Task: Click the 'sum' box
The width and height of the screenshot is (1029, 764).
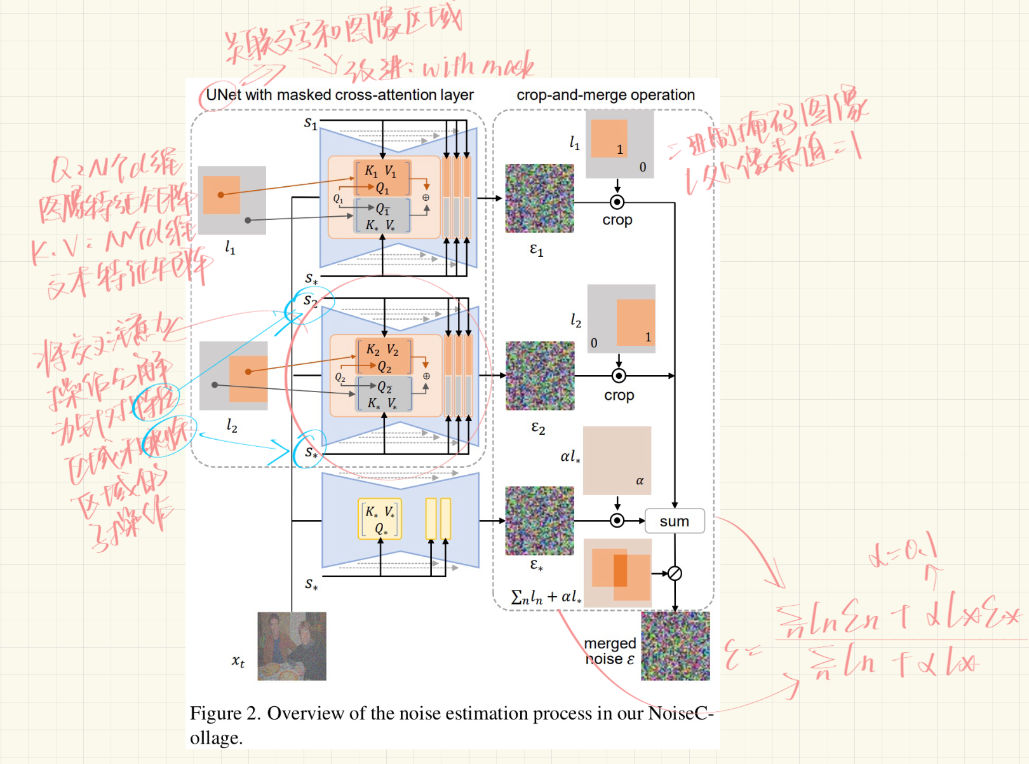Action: [x=674, y=521]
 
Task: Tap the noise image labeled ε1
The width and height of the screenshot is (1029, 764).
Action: [x=539, y=198]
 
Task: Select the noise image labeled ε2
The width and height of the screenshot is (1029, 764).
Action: [x=540, y=376]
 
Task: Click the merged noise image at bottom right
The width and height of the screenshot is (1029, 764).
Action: [x=675, y=646]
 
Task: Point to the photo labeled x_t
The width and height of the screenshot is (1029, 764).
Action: [x=292, y=646]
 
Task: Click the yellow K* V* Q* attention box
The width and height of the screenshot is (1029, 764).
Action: [x=380, y=519]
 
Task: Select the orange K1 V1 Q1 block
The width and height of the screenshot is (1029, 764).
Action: [x=382, y=179]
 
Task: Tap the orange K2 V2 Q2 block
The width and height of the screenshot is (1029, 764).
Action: [x=384, y=357]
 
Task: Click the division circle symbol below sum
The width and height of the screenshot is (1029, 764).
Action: [x=675, y=573]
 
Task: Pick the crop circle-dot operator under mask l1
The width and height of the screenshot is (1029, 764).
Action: [x=617, y=202]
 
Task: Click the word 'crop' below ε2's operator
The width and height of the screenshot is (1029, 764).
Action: [x=619, y=395]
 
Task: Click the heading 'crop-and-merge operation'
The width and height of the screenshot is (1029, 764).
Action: [x=605, y=95]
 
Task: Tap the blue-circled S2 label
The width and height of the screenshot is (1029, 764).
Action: [x=310, y=301]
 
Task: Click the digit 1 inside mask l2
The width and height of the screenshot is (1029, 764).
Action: [x=648, y=337]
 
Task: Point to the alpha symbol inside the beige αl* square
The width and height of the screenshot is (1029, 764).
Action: [x=640, y=481]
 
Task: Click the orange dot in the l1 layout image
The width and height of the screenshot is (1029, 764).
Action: [x=220, y=194]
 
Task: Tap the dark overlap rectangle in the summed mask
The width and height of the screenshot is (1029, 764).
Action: [x=620, y=570]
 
